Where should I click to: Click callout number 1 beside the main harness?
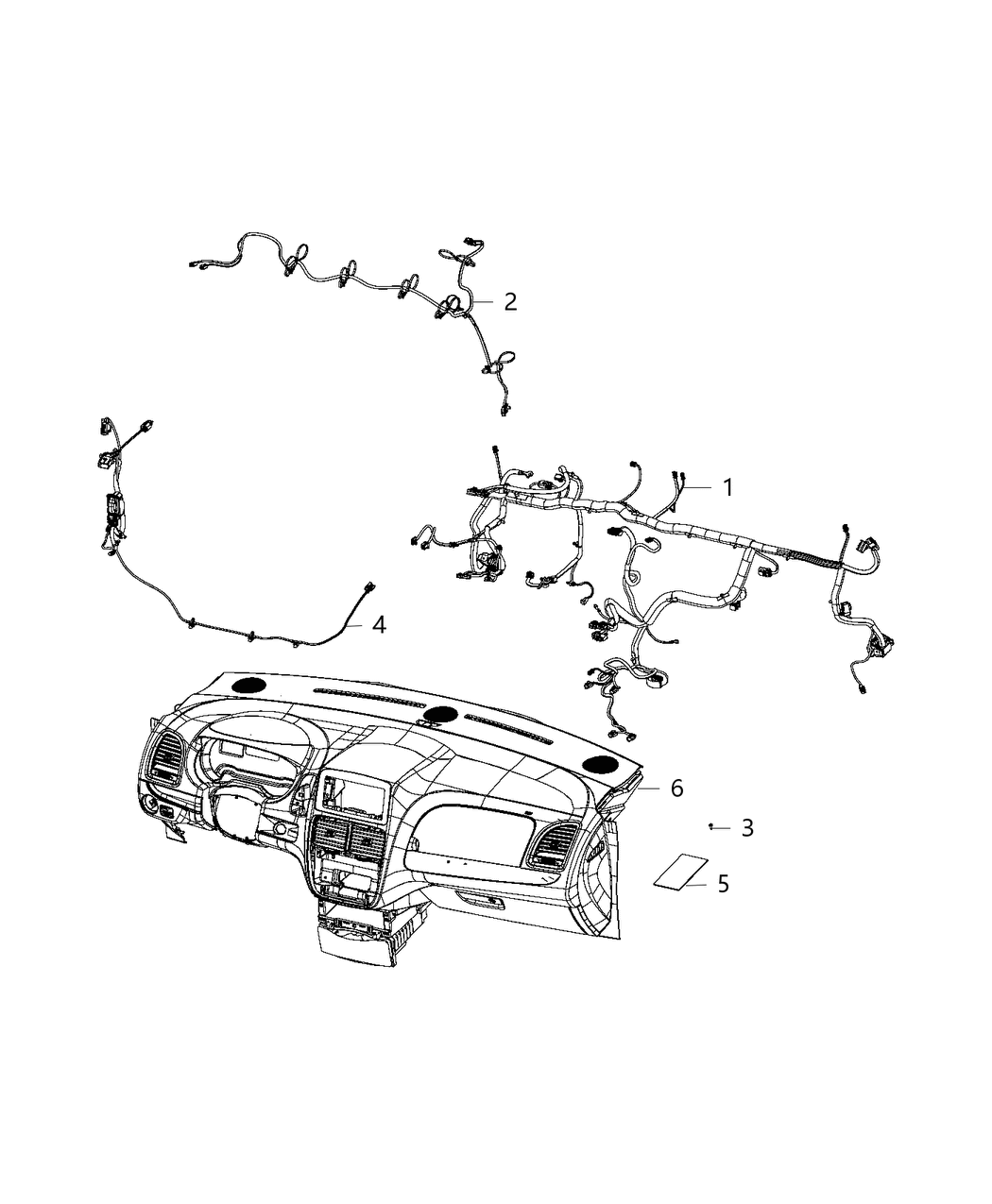(x=727, y=487)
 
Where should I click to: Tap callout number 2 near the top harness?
(x=510, y=301)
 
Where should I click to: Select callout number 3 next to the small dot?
(x=747, y=828)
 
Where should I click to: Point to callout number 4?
(x=379, y=624)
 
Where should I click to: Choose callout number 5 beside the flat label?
(x=723, y=884)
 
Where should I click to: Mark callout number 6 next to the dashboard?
(x=676, y=788)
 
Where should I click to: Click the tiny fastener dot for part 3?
(x=710, y=826)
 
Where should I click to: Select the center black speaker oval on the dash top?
(x=440, y=715)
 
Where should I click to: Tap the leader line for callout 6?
(x=651, y=787)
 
